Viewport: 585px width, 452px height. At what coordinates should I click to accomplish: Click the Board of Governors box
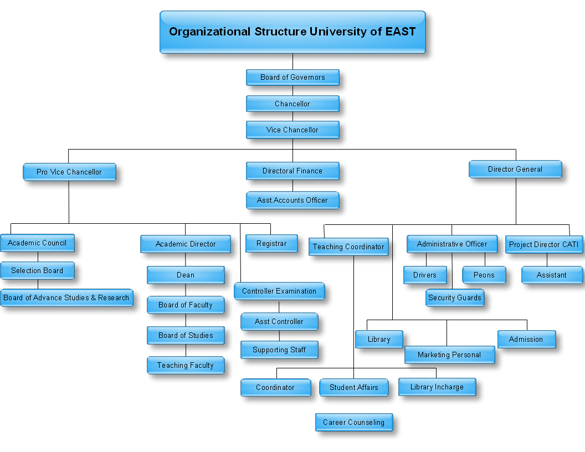(292, 78)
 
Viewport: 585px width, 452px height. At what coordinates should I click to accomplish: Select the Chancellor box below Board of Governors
(292, 104)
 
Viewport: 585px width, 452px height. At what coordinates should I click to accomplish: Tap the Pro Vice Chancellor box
(69, 172)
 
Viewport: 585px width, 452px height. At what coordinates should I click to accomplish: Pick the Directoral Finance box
(292, 171)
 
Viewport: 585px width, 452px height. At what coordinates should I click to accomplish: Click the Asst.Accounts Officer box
(292, 200)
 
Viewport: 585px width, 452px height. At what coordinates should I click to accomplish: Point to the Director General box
(515, 169)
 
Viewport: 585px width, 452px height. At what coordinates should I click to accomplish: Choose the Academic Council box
(37, 243)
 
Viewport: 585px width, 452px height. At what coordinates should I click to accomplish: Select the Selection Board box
(37, 270)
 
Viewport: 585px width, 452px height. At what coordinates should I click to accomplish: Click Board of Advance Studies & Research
(66, 297)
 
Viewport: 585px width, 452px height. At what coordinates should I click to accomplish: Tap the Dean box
(186, 275)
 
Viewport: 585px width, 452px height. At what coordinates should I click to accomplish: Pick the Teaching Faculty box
(186, 365)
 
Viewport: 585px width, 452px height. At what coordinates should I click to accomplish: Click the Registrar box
(271, 243)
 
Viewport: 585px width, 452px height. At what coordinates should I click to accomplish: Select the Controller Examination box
(279, 291)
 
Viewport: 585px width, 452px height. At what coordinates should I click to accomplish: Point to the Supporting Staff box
(279, 350)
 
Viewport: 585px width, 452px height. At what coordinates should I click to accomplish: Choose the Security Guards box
(455, 297)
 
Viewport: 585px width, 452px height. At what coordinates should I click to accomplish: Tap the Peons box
(484, 275)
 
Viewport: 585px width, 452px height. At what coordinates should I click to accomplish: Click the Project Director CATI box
(544, 244)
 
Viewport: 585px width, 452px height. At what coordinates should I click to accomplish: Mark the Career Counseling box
(354, 422)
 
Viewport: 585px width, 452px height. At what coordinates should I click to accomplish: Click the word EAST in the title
(401, 32)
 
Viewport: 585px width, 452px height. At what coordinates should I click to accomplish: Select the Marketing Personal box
(449, 355)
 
